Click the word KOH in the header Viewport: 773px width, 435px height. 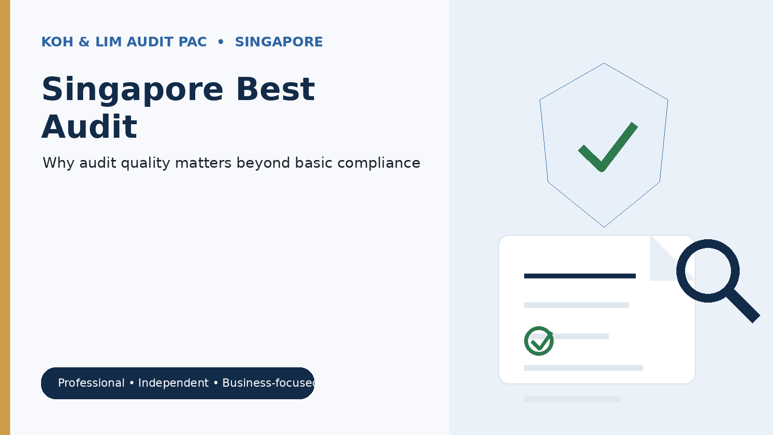point(57,42)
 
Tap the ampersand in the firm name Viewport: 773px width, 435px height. point(84,42)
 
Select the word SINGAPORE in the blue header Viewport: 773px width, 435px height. point(279,42)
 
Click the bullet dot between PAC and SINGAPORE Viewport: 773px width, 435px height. point(221,42)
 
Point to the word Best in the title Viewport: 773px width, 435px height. point(275,89)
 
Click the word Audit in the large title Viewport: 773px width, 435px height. point(89,127)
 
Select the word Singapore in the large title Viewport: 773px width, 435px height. point(132,90)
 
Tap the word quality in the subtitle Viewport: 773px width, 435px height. point(145,163)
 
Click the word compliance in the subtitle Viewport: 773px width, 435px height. point(379,163)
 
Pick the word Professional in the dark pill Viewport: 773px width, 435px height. point(91,383)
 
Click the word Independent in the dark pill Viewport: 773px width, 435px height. point(173,383)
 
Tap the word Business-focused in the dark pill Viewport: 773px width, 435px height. point(269,383)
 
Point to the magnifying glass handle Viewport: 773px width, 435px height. point(744,305)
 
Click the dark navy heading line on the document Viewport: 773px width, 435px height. point(580,276)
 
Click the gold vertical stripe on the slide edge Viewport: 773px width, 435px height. point(5,217)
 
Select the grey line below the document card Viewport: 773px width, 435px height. point(572,399)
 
